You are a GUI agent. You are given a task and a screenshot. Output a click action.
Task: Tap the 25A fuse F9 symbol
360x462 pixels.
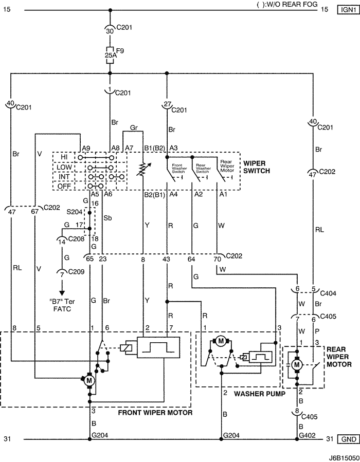click(x=110, y=55)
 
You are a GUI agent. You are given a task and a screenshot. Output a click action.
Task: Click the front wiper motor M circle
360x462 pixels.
click(x=89, y=380)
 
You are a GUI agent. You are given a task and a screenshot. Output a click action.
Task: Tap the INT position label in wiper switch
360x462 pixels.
click(x=64, y=177)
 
